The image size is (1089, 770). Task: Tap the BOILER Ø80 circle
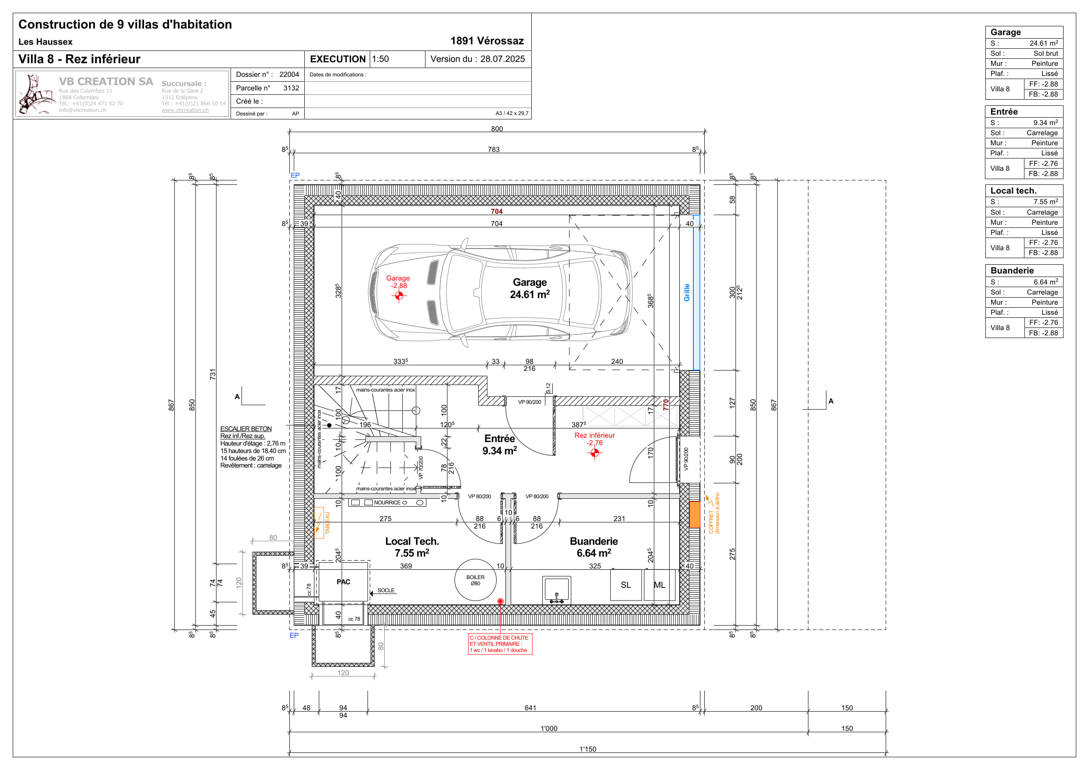click(475, 580)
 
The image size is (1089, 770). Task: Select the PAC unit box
click(343, 582)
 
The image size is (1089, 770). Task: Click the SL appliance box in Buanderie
click(626, 585)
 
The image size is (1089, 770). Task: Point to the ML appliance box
click(659, 585)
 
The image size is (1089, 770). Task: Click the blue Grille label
click(686, 292)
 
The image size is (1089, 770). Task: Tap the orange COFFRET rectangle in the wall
click(694, 515)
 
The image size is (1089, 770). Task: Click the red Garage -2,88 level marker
click(398, 295)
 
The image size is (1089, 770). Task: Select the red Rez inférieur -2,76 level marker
click(594, 452)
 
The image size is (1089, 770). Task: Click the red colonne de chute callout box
click(500, 644)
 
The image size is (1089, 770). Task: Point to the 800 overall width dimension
click(497, 129)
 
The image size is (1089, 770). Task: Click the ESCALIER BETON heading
click(246, 428)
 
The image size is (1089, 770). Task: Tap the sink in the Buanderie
click(556, 590)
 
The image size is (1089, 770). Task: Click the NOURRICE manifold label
click(387, 503)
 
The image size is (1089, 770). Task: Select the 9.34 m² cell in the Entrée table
click(1046, 122)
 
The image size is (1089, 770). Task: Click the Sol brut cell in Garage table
click(1046, 54)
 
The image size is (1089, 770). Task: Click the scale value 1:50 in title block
click(380, 59)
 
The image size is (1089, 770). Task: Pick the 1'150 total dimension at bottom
click(588, 749)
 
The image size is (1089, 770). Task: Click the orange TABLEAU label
click(327, 522)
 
